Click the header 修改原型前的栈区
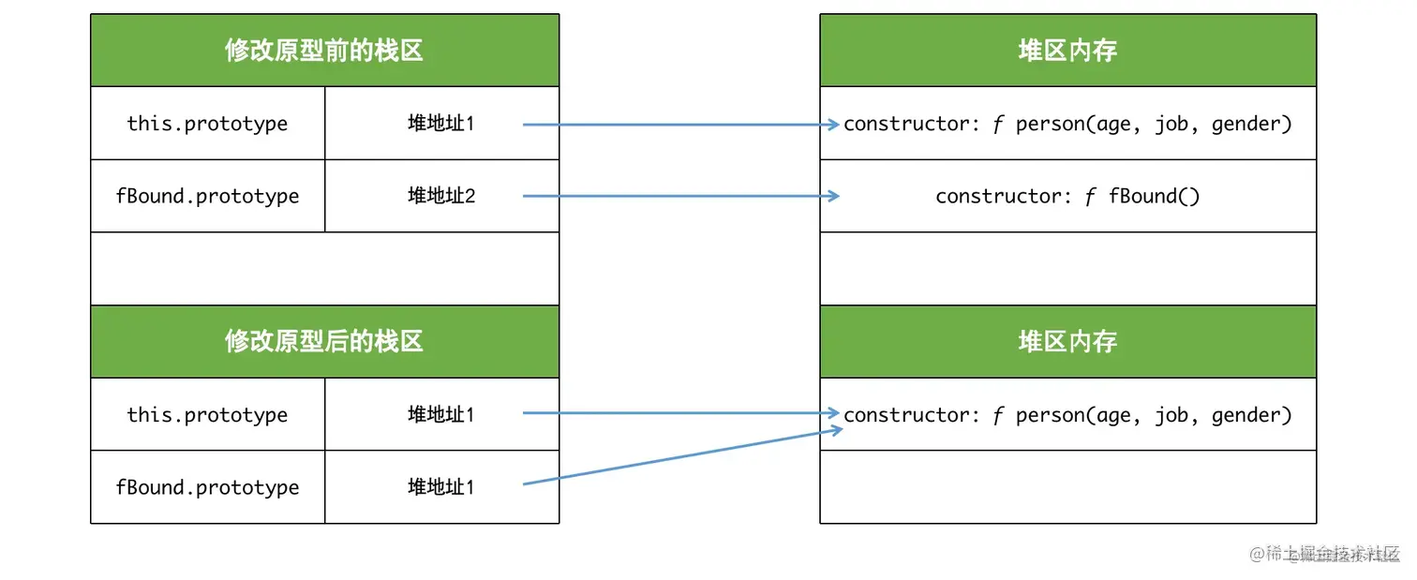(x=324, y=51)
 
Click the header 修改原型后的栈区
(x=324, y=342)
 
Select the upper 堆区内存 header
(x=1067, y=51)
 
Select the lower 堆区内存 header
(x=1067, y=342)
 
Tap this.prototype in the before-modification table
(x=207, y=124)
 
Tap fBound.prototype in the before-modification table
(x=207, y=196)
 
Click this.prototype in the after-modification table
(x=207, y=415)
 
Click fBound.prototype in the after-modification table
(x=207, y=487)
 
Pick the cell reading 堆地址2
(x=441, y=196)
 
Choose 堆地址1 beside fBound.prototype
(x=441, y=487)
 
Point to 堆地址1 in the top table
(x=441, y=124)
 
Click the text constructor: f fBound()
(x=1067, y=196)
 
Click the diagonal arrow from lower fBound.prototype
(x=680, y=456)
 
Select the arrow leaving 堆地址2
(x=680, y=196)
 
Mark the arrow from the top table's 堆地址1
(x=680, y=124)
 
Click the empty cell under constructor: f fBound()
(x=1067, y=268)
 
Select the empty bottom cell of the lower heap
(x=1067, y=487)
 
